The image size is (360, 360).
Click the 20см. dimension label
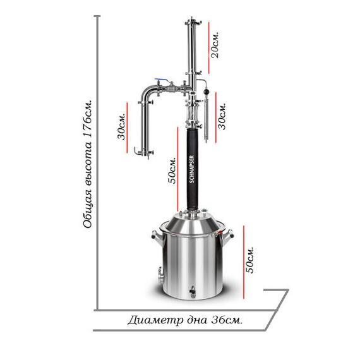click(x=215, y=45)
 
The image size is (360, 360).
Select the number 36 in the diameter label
click(x=218, y=320)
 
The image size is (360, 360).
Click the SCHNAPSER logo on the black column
click(x=192, y=169)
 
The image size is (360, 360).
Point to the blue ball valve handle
click(x=163, y=80)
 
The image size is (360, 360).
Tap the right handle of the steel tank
click(x=227, y=236)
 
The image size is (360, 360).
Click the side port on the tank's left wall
click(x=160, y=275)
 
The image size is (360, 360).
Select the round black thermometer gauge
click(x=206, y=92)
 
